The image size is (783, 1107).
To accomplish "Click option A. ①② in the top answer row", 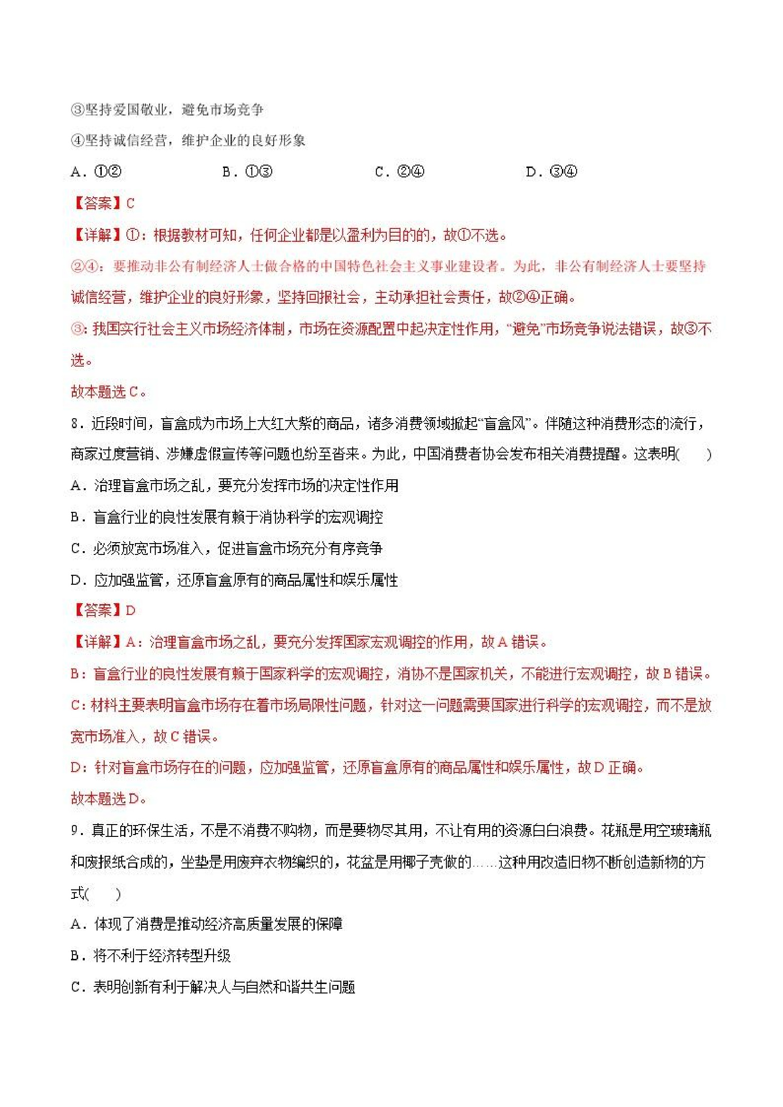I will pyautogui.click(x=96, y=172).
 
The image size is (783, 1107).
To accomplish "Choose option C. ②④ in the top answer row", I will pyautogui.click(x=400, y=172).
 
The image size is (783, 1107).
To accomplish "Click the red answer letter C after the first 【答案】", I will pyautogui.click(x=130, y=203).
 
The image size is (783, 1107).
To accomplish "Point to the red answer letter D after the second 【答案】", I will pyautogui.click(x=130, y=610).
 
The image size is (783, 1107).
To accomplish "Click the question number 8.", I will pyautogui.click(x=75, y=424).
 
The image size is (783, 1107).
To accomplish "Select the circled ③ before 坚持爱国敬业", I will pyautogui.click(x=77, y=110).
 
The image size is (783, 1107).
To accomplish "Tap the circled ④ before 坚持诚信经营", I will pyautogui.click(x=77, y=141).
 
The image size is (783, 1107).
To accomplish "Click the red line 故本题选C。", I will pyautogui.click(x=108, y=392).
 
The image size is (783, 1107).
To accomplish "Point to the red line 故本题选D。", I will pyautogui.click(x=108, y=799).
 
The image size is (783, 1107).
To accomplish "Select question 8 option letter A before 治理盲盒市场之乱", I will pyautogui.click(x=76, y=485).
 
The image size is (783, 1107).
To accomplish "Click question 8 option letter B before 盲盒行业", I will pyautogui.click(x=76, y=518).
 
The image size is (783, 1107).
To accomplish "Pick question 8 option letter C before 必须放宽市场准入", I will pyautogui.click(x=76, y=549).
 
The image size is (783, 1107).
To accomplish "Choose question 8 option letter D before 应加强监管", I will pyautogui.click(x=76, y=580).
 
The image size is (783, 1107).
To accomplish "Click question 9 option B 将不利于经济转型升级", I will pyautogui.click(x=151, y=956).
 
